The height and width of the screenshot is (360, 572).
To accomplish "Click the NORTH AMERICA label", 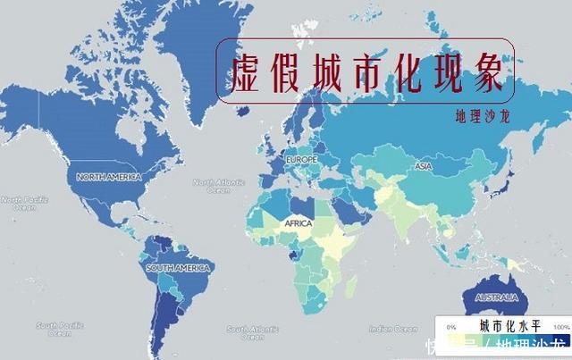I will coord(109,177).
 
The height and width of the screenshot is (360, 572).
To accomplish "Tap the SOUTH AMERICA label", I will coord(179,267).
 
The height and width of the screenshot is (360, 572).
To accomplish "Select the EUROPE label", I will coord(300,159).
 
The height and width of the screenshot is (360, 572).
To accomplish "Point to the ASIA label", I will coord(424,166).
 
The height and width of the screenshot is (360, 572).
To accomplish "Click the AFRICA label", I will coord(298,223).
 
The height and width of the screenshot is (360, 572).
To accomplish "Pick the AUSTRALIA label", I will coord(498,297).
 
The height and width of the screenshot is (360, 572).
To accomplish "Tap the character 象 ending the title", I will coord(486,71).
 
